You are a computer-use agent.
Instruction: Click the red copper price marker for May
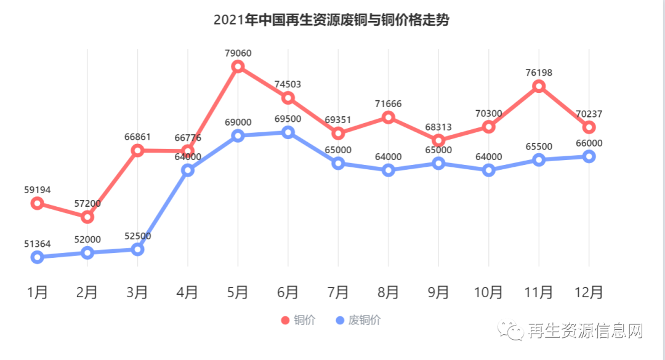point(238,67)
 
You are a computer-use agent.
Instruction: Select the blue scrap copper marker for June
point(288,132)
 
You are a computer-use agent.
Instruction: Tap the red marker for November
point(539,86)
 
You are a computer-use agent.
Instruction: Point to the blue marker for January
point(37,257)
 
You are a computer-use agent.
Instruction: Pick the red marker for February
point(87,217)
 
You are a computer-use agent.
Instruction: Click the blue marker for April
point(188,170)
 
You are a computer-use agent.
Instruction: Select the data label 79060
point(238,53)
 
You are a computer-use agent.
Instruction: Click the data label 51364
point(37,243)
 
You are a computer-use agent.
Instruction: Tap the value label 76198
point(539,73)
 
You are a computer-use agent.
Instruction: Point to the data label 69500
point(288,119)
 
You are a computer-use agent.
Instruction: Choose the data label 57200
point(87,203)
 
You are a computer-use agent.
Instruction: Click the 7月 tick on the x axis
point(338,292)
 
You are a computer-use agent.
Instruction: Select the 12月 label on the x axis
point(589,292)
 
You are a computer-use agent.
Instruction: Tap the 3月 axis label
point(137,292)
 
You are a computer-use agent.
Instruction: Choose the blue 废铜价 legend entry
point(358,320)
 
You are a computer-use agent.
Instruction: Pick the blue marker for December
point(589,156)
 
